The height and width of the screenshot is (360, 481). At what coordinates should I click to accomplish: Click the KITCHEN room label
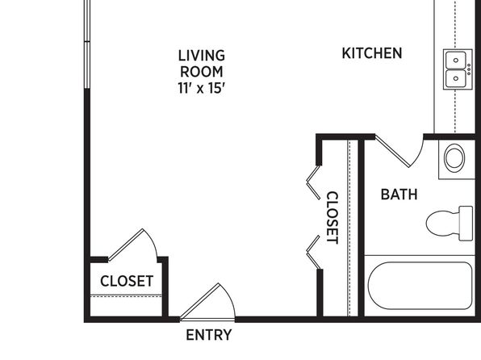point(372,53)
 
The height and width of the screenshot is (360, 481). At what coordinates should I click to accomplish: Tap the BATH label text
point(399,195)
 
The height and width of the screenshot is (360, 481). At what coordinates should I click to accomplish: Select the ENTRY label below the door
point(208,335)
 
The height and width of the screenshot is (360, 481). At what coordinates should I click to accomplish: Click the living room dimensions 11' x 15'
point(202,89)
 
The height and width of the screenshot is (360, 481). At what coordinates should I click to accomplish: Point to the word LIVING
point(202,56)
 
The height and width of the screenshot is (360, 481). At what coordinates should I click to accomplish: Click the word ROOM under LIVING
point(202,72)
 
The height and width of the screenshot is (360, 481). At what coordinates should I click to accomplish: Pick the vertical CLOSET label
point(333,218)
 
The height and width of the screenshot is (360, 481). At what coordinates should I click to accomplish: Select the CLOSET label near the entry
point(127,281)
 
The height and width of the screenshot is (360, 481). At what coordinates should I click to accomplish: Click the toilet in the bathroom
point(450,223)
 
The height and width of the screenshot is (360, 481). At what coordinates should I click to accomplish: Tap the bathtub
point(420,286)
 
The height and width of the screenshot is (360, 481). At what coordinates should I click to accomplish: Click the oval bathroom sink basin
point(454,158)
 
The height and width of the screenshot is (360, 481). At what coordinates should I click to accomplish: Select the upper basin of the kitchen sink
point(455,61)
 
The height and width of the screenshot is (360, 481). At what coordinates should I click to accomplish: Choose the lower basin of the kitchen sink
point(455,78)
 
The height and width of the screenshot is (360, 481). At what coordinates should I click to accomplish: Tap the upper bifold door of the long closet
point(313,182)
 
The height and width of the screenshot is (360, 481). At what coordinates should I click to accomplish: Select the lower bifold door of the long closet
point(313,253)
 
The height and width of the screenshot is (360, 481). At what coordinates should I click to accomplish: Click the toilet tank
point(466,224)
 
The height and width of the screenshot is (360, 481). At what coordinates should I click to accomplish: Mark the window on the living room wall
point(87,44)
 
